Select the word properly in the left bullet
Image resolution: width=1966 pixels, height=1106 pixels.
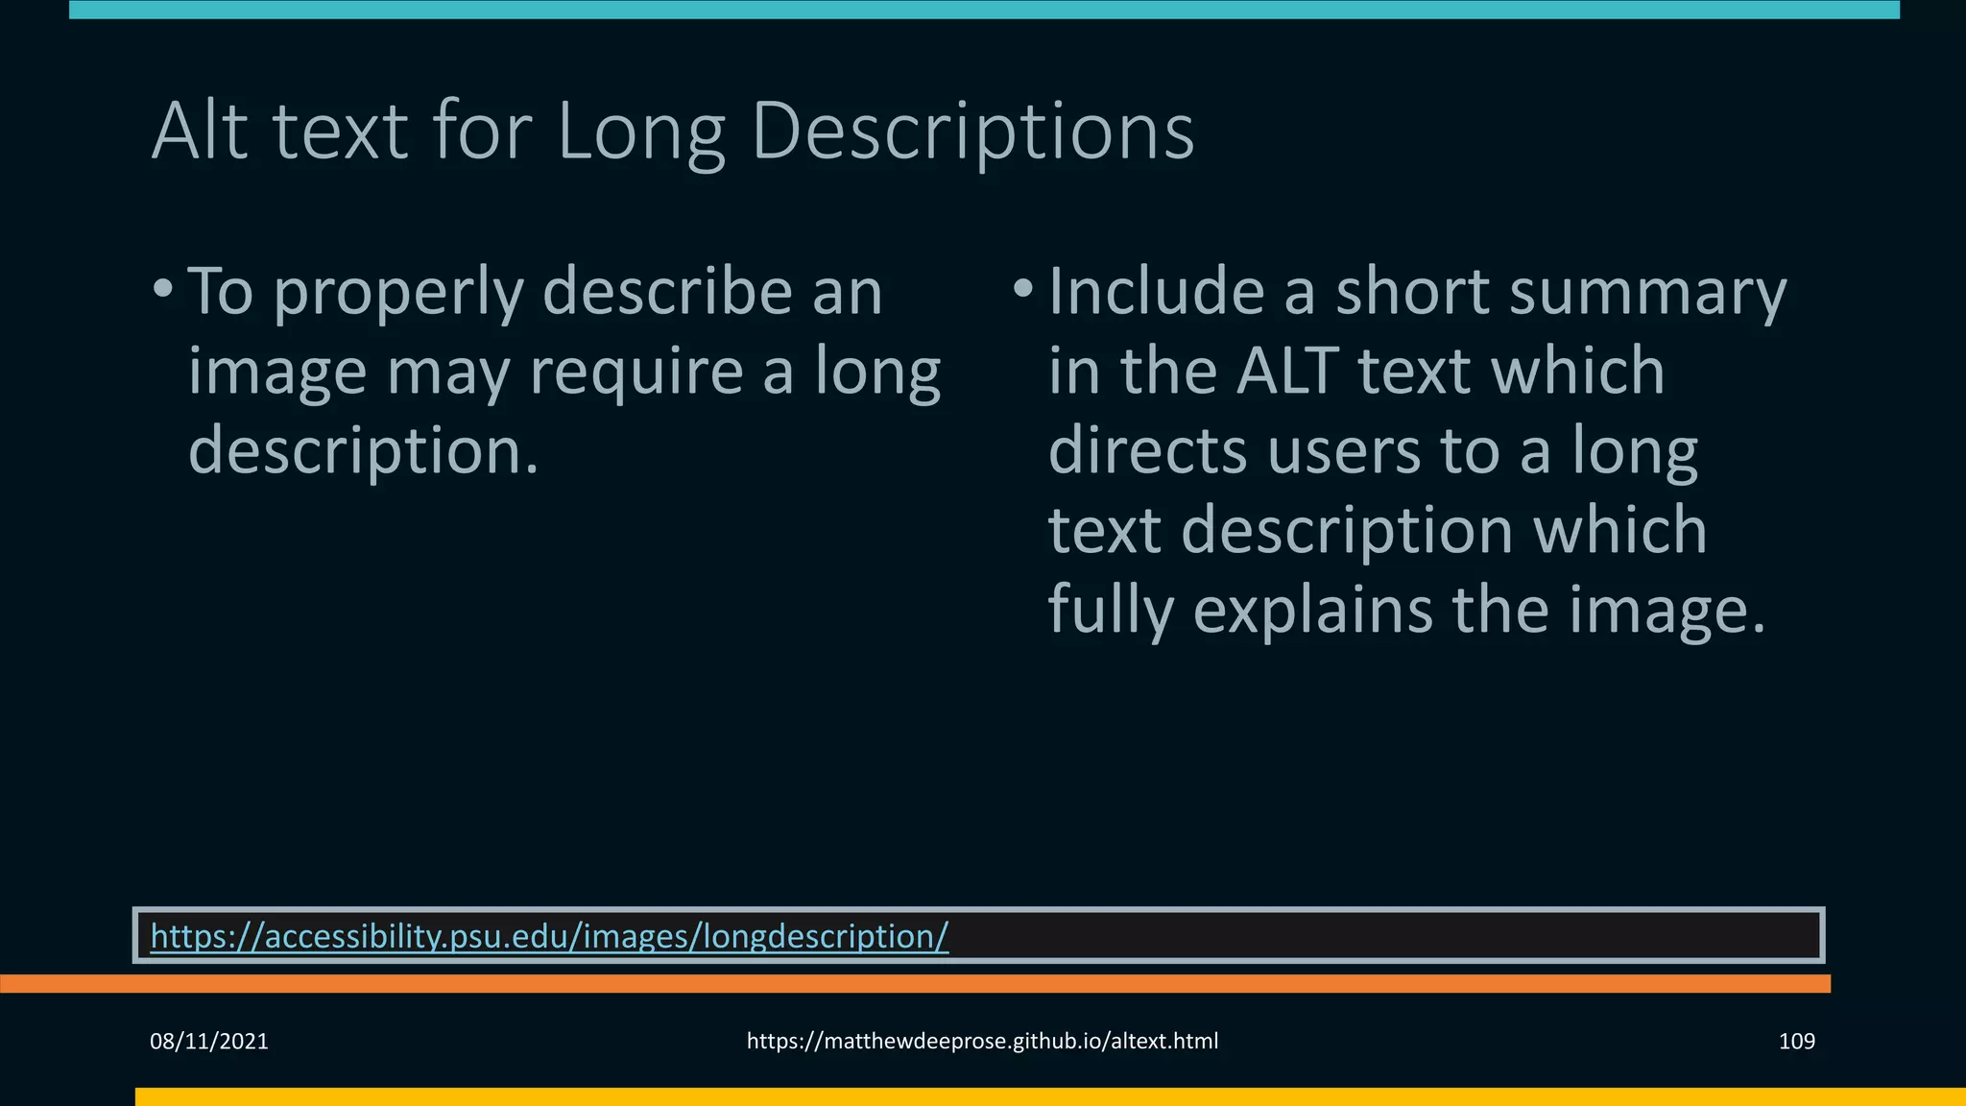pos(398,294)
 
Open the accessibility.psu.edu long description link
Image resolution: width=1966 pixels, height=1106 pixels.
pos(549,935)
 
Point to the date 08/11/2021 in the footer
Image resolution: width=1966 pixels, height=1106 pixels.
pos(209,1042)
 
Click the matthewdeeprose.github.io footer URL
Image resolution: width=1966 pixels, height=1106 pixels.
pos(982,1042)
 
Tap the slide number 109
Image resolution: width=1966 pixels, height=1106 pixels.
pos(1796,1042)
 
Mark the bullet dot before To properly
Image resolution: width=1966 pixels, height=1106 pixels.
pos(163,288)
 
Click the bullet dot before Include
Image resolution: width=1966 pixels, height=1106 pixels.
pos(1023,288)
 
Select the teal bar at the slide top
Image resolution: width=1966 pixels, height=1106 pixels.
pos(983,10)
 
